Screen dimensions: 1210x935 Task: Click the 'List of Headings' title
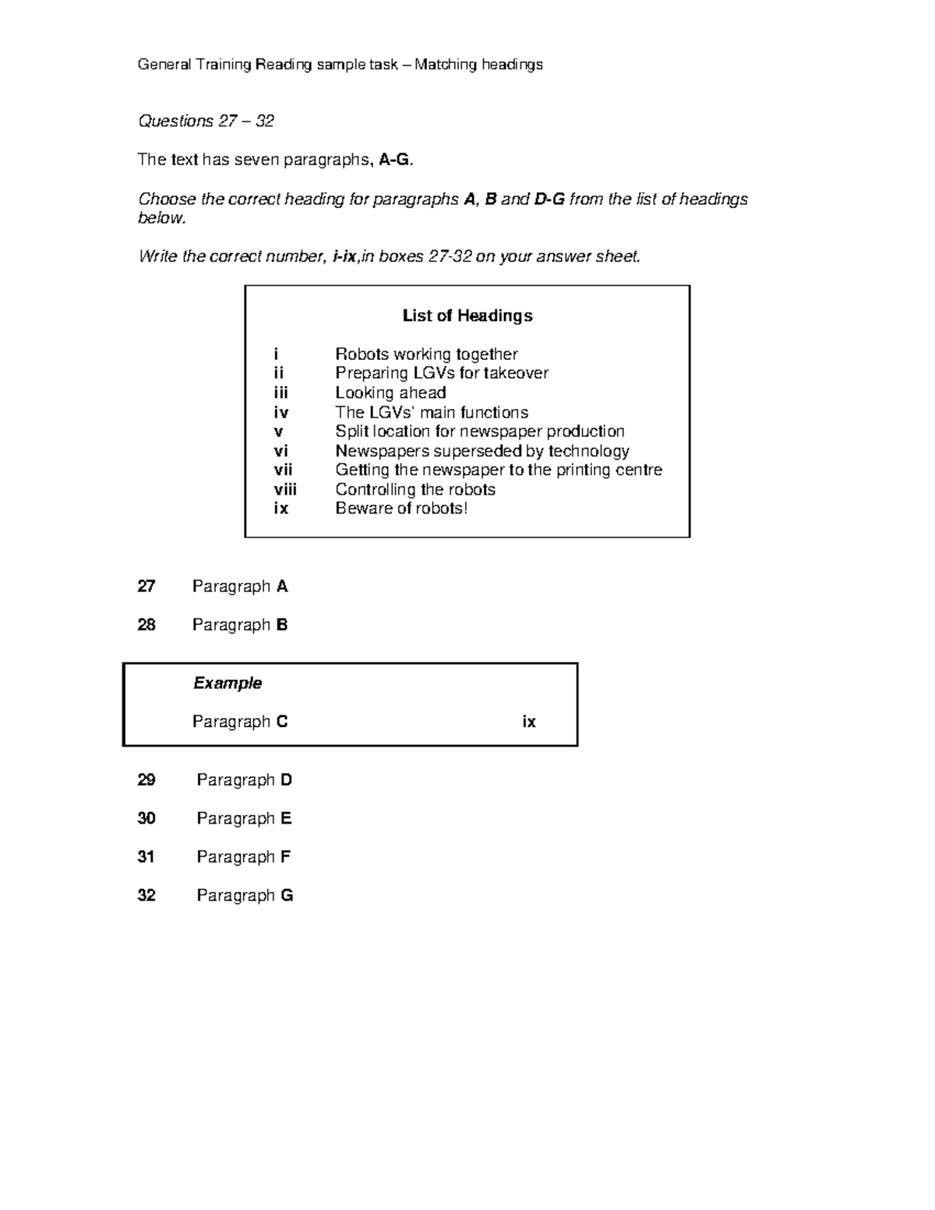(467, 316)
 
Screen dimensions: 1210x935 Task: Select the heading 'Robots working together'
(426, 355)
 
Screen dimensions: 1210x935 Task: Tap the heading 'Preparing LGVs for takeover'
(441, 373)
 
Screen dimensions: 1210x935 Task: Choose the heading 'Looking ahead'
(390, 393)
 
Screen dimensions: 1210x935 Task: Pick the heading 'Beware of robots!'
(401, 509)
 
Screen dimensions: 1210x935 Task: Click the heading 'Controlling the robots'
(415, 489)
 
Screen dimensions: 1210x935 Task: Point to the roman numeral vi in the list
(280, 451)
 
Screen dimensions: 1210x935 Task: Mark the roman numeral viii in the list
(285, 489)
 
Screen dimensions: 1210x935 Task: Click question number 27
(146, 586)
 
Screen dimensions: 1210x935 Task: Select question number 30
(146, 818)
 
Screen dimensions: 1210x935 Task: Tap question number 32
(146, 895)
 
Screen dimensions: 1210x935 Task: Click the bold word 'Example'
(228, 683)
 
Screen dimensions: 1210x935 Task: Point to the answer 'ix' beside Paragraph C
(529, 721)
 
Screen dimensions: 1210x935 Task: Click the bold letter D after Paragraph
(286, 780)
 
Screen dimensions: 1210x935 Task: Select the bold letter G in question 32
(287, 895)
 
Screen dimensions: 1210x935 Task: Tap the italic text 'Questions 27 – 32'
(206, 121)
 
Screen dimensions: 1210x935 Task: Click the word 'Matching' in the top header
(446, 65)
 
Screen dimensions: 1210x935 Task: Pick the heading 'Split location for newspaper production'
(480, 432)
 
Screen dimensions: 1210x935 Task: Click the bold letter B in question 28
(282, 625)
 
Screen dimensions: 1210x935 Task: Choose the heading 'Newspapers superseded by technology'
(482, 451)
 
